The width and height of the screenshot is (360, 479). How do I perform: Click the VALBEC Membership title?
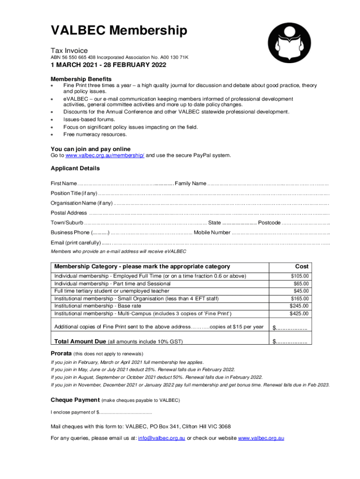(119, 31)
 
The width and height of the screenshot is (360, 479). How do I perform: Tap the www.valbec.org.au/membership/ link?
(105, 155)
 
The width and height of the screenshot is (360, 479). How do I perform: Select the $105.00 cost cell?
(299, 276)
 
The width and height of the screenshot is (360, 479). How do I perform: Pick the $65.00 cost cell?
(301, 283)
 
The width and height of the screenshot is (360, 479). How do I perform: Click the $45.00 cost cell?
(301, 291)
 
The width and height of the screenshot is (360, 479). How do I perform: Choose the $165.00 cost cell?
(299, 298)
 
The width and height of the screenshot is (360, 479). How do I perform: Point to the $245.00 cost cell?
(299, 306)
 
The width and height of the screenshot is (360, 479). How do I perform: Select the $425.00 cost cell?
(299, 313)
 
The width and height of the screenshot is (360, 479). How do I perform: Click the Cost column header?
(301, 266)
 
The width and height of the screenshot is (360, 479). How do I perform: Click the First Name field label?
(64, 183)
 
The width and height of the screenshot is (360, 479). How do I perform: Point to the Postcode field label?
(269, 222)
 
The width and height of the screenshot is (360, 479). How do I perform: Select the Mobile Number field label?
(212, 232)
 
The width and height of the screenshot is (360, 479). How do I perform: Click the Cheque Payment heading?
(75, 400)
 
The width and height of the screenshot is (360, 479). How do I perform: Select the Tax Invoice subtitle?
(69, 51)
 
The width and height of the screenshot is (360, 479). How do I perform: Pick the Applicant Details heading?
(75, 168)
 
